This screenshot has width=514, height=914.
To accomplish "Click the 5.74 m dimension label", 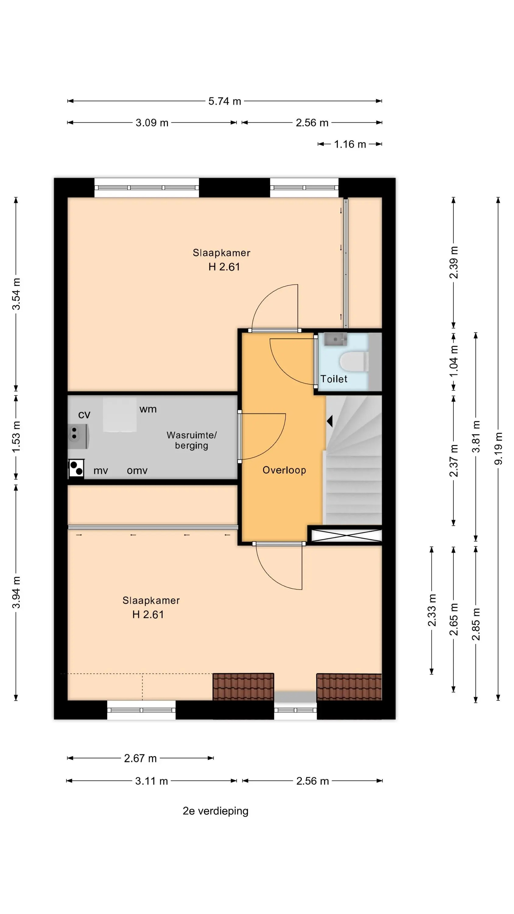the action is tap(224, 101).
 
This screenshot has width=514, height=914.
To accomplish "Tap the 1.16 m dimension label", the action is tap(350, 144).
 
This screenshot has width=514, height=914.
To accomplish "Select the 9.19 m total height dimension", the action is tap(498, 448).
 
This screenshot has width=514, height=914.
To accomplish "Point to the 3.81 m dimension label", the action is tap(476, 436).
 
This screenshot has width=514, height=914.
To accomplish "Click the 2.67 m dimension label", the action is tap(140, 758).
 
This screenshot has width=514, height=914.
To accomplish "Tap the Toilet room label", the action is tap(334, 379).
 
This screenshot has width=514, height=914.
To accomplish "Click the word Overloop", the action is tap(284, 470).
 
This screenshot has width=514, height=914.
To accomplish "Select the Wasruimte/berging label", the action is tap(192, 440).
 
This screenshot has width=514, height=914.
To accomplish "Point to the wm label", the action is tap(148, 409).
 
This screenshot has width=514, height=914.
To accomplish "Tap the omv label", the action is tap(137, 470).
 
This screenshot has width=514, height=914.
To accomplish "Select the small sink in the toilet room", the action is tap(335, 339).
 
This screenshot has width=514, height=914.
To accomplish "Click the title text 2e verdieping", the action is tap(215, 811).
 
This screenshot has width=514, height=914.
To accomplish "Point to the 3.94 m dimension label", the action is tap(16, 592).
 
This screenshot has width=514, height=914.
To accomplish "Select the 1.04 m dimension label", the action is tap(454, 361).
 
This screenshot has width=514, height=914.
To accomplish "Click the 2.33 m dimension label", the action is tap(432, 610).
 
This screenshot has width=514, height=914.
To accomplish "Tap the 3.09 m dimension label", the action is tap(152, 123).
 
